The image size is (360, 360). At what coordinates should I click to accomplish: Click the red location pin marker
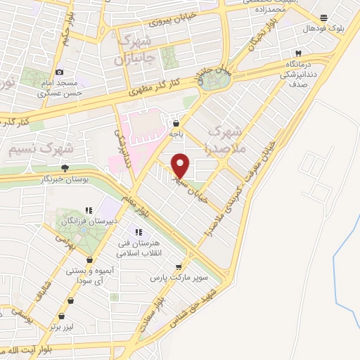coord(181,165)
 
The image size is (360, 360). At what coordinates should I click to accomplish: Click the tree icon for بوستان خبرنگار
coord(65,168)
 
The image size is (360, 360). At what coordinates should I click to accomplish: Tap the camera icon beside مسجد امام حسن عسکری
coord(59,72)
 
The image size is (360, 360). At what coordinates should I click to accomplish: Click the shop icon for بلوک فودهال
coord(323,18)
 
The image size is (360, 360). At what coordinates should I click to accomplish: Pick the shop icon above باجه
coord(174,122)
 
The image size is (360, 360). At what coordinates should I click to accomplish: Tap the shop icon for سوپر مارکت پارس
coord(179,266)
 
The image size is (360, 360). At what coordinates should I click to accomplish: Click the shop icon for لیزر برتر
coord(70,301)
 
